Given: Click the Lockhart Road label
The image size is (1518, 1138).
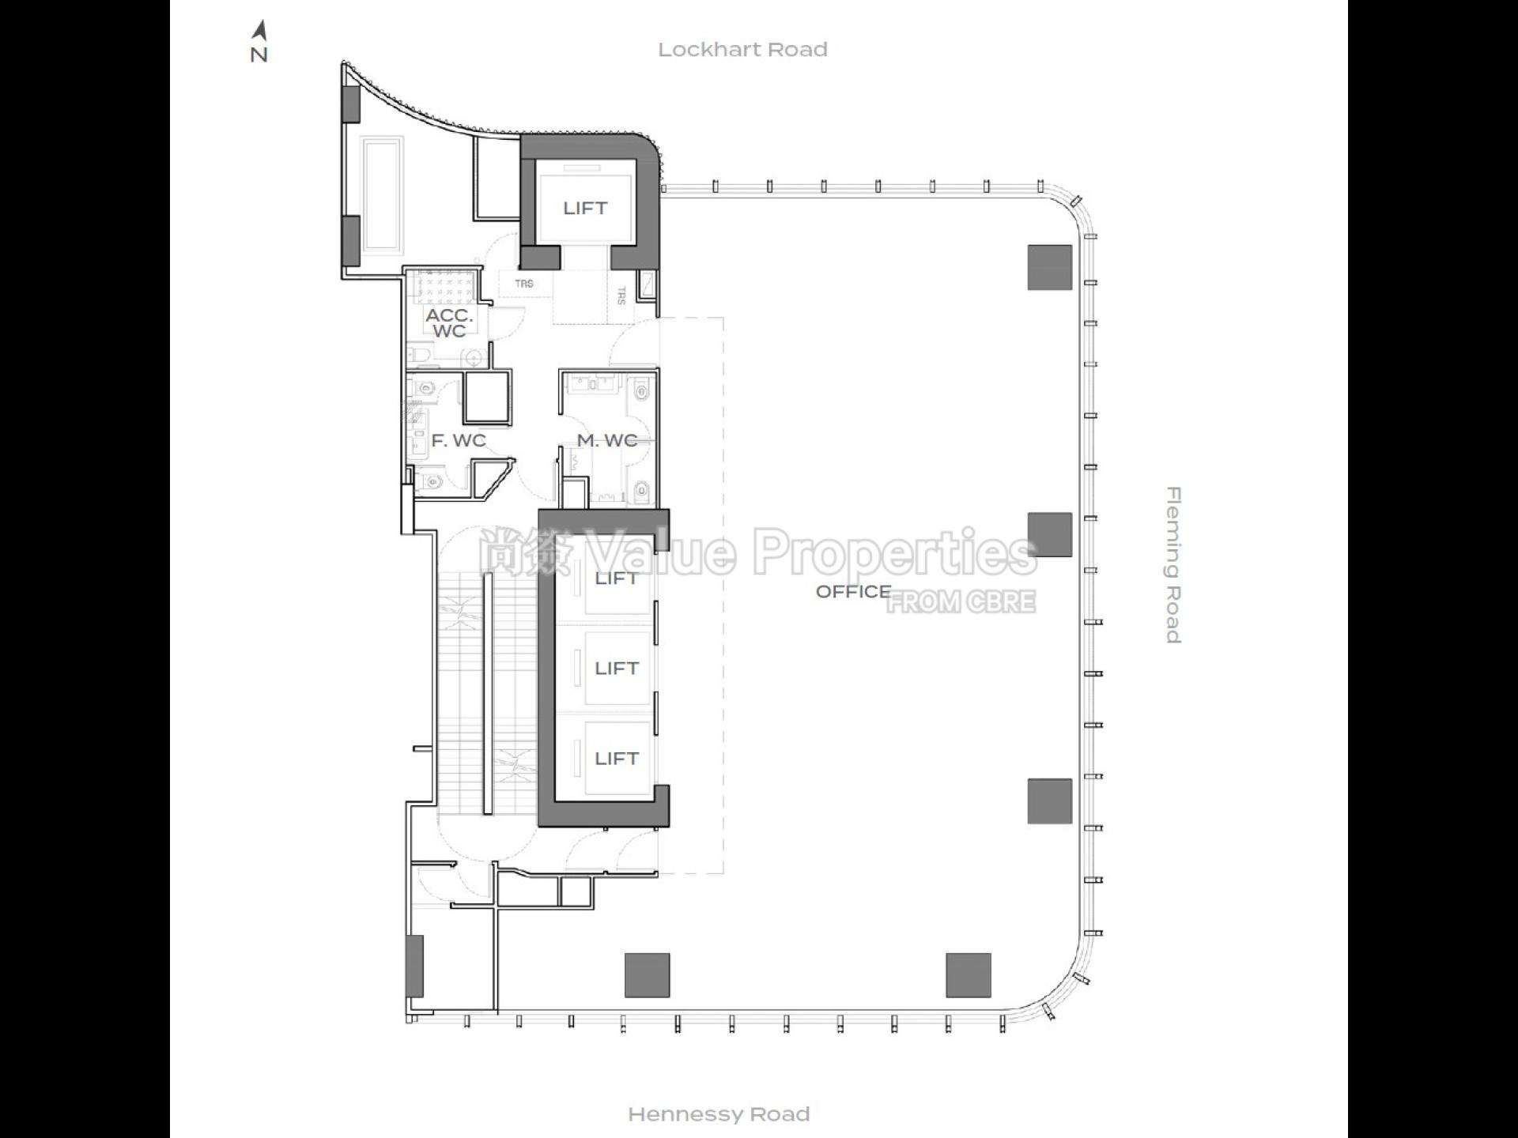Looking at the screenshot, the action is pyautogui.click(x=742, y=50).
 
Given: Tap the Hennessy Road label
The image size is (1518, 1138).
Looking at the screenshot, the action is pyautogui.click(x=719, y=1114).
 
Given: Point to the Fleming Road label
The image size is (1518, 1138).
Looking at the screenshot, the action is pyautogui.click(x=1173, y=565).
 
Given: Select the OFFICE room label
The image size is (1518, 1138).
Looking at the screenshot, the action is pyautogui.click(x=853, y=591).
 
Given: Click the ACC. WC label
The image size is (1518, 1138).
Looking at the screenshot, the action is pyautogui.click(x=449, y=323).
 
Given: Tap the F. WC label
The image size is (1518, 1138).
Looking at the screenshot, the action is pyautogui.click(x=459, y=440).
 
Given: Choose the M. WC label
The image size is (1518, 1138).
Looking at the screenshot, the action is pyautogui.click(x=607, y=440).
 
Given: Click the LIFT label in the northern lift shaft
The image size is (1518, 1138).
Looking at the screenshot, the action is pyautogui.click(x=585, y=208).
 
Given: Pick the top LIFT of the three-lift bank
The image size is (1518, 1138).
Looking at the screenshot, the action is pyautogui.click(x=617, y=578).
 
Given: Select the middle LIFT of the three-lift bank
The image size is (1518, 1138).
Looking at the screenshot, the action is pyautogui.click(x=617, y=669).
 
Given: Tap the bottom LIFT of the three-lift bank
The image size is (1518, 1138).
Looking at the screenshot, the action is pyautogui.click(x=617, y=759).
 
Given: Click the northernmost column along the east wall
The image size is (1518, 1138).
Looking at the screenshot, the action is pyautogui.click(x=1050, y=267).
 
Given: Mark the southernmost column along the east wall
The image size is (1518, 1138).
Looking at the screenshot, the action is pyautogui.click(x=1050, y=801).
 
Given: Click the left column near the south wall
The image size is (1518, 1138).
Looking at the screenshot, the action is pyautogui.click(x=648, y=975).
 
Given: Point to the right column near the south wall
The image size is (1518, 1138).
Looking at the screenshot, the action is pyautogui.click(x=969, y=975).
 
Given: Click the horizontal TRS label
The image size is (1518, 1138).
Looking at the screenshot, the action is pyautogui.click(x=524, y=284).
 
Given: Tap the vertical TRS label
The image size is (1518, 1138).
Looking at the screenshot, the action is pyautogui.click(x=621, y=296).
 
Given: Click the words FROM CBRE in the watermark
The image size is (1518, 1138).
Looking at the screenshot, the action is pyautogui.click(x=961, y=602).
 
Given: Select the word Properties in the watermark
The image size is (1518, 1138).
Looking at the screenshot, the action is pyautogui.click(x=894, y=553).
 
